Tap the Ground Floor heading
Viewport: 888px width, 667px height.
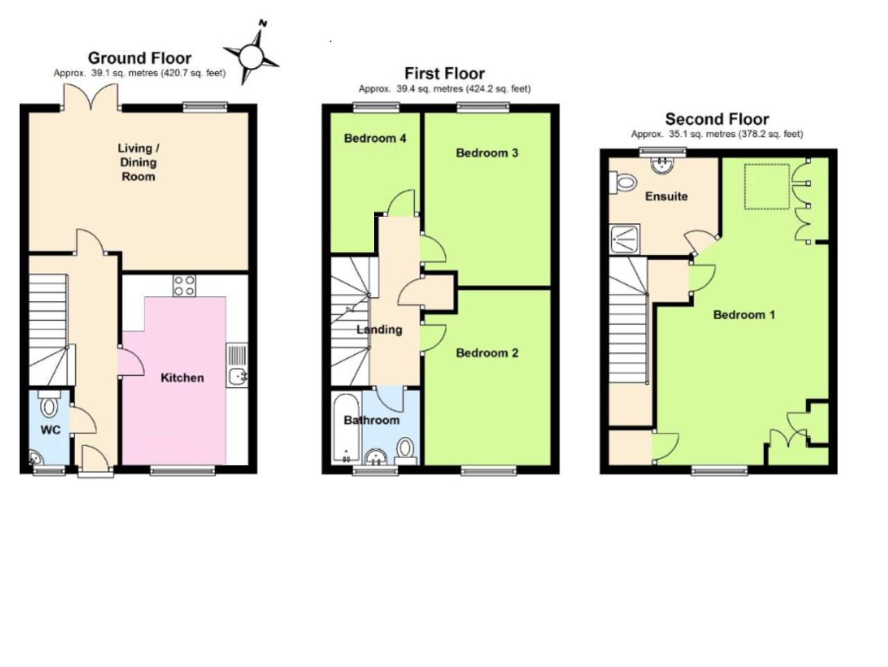pos(139,58)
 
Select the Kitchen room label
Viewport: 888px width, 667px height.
pos(182,378)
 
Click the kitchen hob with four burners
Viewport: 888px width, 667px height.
pos(185,286)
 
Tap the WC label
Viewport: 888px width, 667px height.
pos(51,430)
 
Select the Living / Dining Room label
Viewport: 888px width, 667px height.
pos(138,162)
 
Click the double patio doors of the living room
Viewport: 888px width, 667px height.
pos(91,96)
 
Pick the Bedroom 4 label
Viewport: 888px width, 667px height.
pos(375,138)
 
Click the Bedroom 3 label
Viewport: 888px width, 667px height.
pos(487,153)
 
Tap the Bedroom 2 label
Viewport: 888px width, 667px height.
pos(487,353)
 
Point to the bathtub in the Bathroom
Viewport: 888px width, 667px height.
pos(346,428)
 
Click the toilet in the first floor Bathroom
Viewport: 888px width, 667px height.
pos(405,451)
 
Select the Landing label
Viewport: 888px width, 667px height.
pos(379,330)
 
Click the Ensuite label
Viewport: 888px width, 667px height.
pos(666,196)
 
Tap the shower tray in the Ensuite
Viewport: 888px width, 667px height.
pos(625,239)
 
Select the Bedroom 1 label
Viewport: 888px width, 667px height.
pos(744,315)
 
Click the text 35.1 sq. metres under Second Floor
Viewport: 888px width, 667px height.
pos(702,135)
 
